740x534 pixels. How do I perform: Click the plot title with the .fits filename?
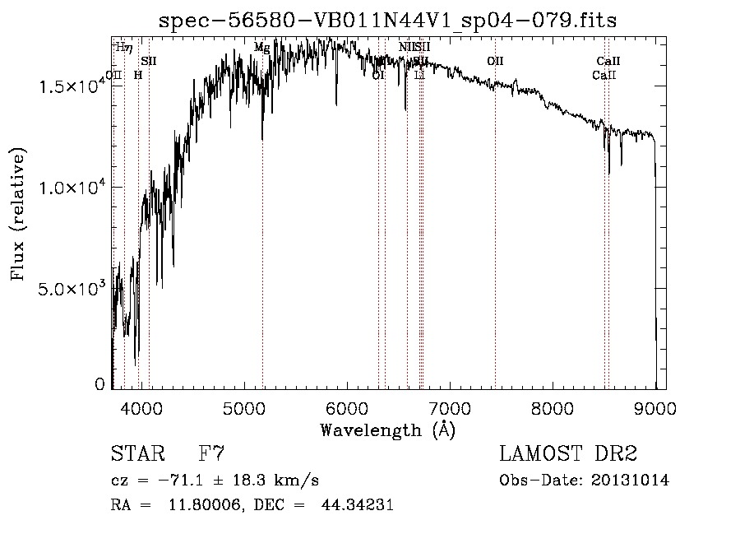coord(387,21)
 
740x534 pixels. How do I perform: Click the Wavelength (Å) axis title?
coord(387,430)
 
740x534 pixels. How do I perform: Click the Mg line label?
coord(261,48)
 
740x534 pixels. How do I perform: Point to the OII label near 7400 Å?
coord(495,61)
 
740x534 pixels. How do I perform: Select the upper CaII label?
coord(608,61)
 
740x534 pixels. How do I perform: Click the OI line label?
coord(378,75)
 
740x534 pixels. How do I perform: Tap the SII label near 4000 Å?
coord(148,61)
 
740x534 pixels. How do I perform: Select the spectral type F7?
coord(211,454)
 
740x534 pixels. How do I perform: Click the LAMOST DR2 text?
coord(568,454)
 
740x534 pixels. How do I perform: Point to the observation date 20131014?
coord(634,480)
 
